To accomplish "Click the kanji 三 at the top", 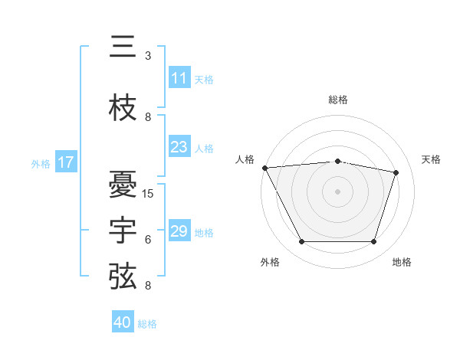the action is pyautogui.click(x=123, y=46).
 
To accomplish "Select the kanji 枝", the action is pyautogui.click(x=123, y=107).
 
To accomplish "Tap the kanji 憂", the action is pyautogui.click(x=123, y=184).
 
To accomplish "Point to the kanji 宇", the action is pyautogui.click(x=123, y=230).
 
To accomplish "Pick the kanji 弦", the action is pyautogui.click(x=123, y=277).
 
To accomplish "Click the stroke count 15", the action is pyautogui.click(x=147, y=194).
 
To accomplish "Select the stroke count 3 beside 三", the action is pyautogui.click(x=148, y=56).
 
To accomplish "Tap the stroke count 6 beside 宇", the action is pyautogui.click(x=148, y=240).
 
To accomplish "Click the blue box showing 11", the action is pyautogui.click(x=179, y=77).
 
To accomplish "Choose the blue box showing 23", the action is pyautogui.click(x=179, y=146).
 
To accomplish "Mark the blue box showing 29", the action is pyautogui.click(x=179, y=230).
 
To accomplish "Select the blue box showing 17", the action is pyautogui.click(x=66, y=162).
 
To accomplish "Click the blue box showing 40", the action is pyautogui.click(x=123, y=321).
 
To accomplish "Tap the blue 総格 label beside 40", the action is pyautogui.click(x=147, y=324).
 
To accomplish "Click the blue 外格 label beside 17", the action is pyautogui.click(x=41, y=164).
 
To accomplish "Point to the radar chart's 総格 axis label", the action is pyautogui.click(x=338, y=100).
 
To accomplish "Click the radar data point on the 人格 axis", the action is pyautogui.click(x=265, y=168).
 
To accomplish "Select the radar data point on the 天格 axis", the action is pyautogui.click(x=396, y=172).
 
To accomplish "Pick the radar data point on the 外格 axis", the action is pyautogui.click(x=302, y=241).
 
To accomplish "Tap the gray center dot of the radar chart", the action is pyautogui.click(x=337, y=191).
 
